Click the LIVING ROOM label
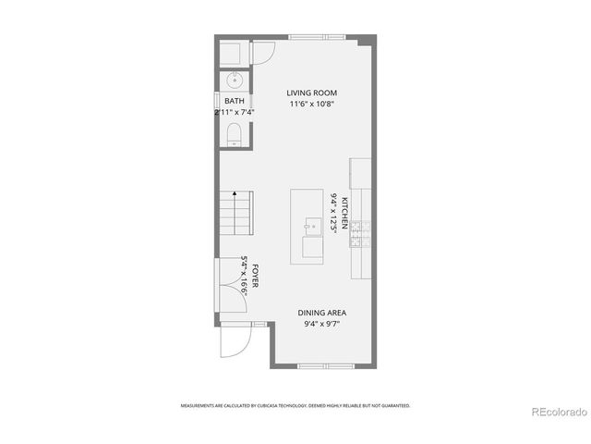pyautogui.click(x=310, y=93)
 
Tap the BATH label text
pyautogui.click(x=235, y=101)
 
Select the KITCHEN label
pyautogui.click(x=345, y=213)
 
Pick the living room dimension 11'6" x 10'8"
pyautogui.click(x=310, y=105)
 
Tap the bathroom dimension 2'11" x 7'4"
pyautogui.click(x=235, y=112)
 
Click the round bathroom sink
pyautogui.click(x=234, y=78)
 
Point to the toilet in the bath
pyautogui.click(x=234, y=139)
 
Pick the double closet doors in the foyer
pyautogui.click(x=225, y=288)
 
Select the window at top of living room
pyautogui.click(x=316, y=37)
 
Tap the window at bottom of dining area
pyautogui.click(x=325, y=366)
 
